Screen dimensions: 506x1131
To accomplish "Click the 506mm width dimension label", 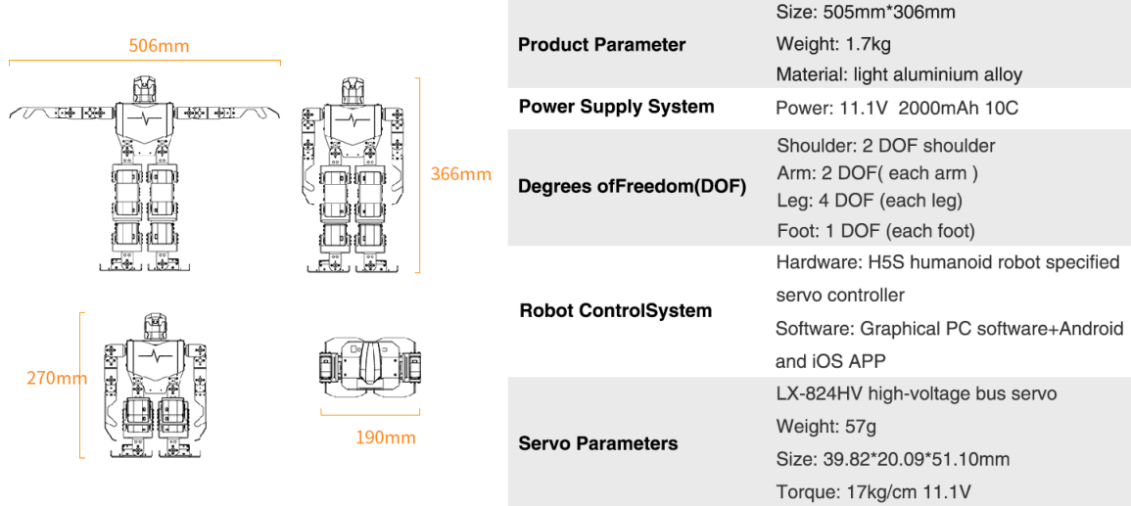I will [x=159, y=46].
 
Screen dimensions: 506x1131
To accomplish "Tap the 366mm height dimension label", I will [x=460, y=174].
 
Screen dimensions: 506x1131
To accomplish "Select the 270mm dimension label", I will [x=56, y=378].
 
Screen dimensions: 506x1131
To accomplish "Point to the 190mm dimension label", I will [x=385, y=437].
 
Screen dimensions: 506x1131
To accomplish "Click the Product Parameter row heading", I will [x=601, y=44].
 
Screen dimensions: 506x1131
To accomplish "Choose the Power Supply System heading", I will [x=616, y=107].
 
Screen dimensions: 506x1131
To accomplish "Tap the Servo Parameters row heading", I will [x=597, y=443].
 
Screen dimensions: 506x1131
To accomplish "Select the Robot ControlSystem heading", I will [x=615, y=311].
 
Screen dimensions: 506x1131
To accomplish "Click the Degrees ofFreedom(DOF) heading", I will [x=632, y=186].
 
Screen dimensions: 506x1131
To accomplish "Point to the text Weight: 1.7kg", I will [x=833, y=44].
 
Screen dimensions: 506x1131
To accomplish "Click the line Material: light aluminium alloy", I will [x=898, y=74].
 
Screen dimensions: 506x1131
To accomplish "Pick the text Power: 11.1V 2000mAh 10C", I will [x=896, y=108].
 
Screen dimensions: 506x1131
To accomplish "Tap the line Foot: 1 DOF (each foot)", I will [x=875, y=231].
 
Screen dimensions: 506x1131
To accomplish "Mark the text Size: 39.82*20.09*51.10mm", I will [x=892, y=459].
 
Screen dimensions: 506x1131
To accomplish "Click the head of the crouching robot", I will [x=153, y=325].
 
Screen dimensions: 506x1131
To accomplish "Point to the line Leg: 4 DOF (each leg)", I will [x=869, y=201].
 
